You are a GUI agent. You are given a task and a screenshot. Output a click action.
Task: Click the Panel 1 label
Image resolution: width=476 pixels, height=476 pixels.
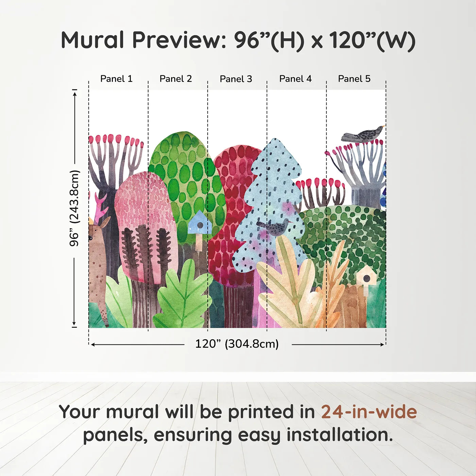(116, 79)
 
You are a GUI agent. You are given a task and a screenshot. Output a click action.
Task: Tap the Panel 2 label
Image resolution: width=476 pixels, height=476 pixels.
(176, 79)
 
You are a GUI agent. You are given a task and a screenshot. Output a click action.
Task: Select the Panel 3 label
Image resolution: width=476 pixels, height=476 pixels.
(236, 79)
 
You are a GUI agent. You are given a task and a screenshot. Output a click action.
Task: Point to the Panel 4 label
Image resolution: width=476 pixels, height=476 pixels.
(295, 79)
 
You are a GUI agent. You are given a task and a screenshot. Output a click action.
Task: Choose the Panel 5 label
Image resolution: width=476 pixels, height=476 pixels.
(354, 79)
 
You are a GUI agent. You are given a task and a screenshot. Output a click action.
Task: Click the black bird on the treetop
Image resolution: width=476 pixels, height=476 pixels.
(364, 134)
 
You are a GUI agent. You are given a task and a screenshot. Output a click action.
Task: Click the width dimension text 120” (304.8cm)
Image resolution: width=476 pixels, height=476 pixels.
(237, 344)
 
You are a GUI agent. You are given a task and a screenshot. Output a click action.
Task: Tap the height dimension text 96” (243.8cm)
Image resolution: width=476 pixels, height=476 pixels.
(74, 208)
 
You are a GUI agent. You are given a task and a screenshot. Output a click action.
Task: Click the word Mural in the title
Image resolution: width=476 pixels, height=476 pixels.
(92, 40)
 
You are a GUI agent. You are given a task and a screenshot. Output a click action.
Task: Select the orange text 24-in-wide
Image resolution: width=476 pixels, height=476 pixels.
(369, 412)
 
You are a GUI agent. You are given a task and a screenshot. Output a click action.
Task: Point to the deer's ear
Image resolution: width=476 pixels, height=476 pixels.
(105, 223)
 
